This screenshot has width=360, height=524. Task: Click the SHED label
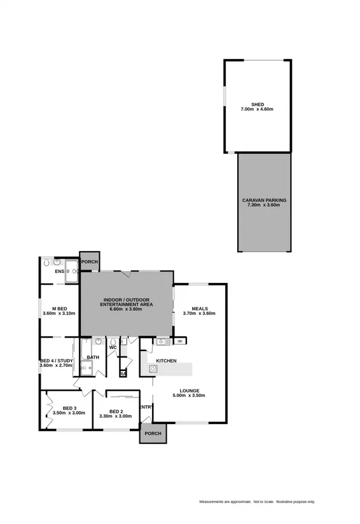coord(257,104)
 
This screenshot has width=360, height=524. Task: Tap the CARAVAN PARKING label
coord(264,200)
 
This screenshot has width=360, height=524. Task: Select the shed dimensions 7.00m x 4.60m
coord(257,109)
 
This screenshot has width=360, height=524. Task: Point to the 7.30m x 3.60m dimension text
coord(264,205)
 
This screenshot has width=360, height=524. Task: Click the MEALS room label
coord(199,308)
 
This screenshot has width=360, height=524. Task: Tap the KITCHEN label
coord(166,361)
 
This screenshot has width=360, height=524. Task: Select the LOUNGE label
coord(190,390)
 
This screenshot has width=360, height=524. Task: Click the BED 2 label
coord(115,411)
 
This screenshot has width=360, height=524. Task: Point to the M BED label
coord(59,308)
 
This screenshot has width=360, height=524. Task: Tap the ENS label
coord(59,272)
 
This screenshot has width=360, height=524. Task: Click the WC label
coord(113,348)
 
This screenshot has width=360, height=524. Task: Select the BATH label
coord(93,357)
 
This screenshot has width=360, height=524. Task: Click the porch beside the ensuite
coord(89,261)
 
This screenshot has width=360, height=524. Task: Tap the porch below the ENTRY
coord(153,434)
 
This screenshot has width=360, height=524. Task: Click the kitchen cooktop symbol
coord(153,368)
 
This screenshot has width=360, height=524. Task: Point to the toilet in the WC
coord(113,341)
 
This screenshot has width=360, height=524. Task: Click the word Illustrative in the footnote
coord(287,502)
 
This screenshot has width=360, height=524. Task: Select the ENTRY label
coord(146,407)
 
